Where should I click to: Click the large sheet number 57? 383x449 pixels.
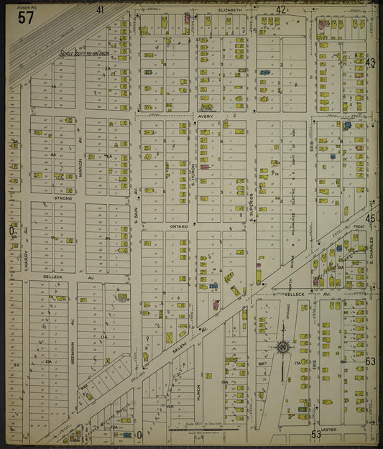(25, 18)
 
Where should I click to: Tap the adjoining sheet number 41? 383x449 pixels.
(100, 10)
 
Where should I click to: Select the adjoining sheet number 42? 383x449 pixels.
(281, 10)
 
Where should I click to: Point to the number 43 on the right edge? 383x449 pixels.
(370, 63)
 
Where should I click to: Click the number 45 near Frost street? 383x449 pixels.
(370, 218)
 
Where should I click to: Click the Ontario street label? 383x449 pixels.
(179, 226)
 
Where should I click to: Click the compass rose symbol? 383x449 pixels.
(282, 348)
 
